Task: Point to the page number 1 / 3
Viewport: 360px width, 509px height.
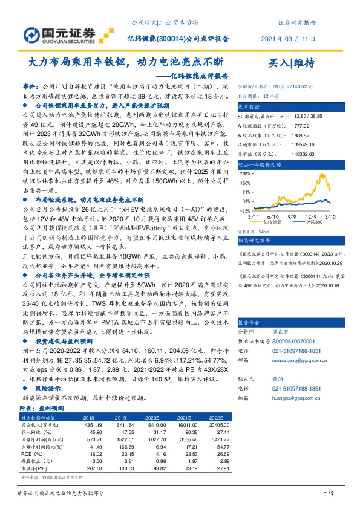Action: tap(329, 495)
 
